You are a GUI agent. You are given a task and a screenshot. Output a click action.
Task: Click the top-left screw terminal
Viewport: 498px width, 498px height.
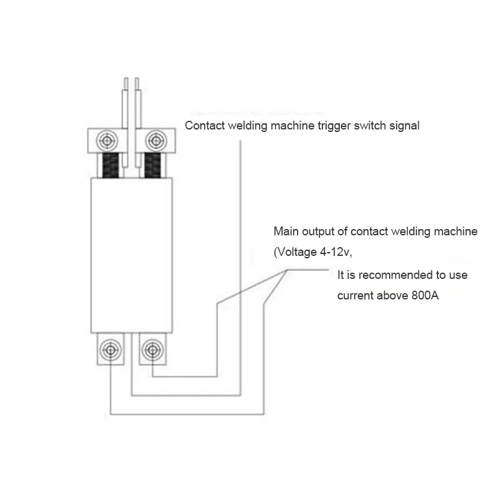click(x=108, y=141)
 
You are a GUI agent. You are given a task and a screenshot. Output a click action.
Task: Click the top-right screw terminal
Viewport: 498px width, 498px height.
click(x=156, y=141)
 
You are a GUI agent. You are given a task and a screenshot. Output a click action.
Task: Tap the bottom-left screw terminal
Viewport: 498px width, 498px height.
click(x=110, y=350)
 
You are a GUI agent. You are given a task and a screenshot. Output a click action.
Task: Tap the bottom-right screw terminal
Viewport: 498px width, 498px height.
click(x=153, y=350)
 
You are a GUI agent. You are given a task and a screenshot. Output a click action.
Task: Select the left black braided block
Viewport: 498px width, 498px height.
click(x=111, y=165)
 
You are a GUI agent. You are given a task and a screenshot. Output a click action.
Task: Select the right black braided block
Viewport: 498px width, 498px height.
click(x=153, y=165)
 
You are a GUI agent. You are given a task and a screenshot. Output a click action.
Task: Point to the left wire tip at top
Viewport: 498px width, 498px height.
click(x=126, y=78)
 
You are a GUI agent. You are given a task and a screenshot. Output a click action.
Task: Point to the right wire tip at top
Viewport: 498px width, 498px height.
click(x=137, y=78)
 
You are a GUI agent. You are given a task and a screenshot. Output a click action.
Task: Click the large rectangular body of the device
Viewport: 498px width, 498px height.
click(x=131, y=255)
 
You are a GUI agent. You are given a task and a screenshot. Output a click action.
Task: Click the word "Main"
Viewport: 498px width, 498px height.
click(x=286, y=231)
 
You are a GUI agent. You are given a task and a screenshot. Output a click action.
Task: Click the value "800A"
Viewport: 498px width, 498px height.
click(x=425, y=295)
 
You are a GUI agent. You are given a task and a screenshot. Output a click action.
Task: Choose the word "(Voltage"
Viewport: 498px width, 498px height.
click(x=295, y=252)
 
